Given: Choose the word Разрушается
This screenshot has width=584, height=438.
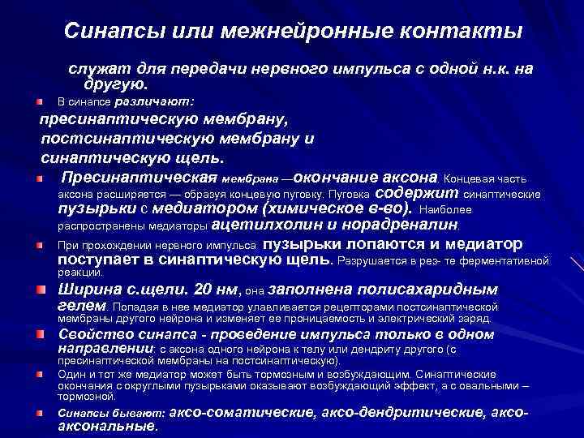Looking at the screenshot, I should pos(377,261).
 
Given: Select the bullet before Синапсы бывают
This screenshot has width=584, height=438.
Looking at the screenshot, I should pos(39,413).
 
